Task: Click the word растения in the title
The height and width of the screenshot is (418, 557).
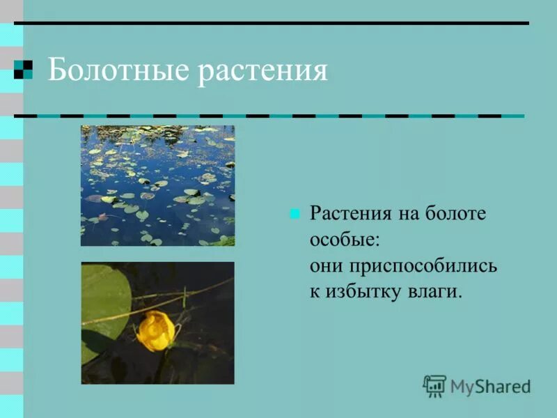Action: [x=262, y=72]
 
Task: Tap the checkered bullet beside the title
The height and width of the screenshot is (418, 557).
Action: [x=23, y=70]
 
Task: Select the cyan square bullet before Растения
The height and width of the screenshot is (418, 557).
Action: [x=295, y=214]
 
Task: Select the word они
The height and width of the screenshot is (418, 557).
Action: [x=324, y=265]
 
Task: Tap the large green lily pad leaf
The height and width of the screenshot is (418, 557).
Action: [x=104, y=300]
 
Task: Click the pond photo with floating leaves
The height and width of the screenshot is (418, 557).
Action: [x=157, y=185]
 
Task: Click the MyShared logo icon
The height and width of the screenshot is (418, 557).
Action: [x=434, y=385]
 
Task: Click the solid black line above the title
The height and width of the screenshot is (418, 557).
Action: [x=272, y=24]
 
